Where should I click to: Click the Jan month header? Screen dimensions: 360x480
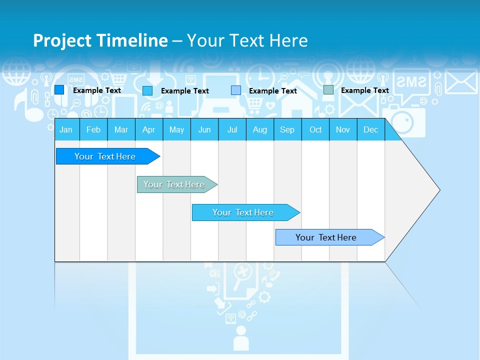[66, 129]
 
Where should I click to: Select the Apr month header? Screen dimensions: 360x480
[148, 129]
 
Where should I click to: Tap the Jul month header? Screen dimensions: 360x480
[232, 129]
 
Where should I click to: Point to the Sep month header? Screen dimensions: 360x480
[287, 129]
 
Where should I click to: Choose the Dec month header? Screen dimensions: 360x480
[370, 129]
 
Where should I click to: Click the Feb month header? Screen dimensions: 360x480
[93, 129]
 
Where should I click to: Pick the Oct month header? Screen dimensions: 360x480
[315, 129]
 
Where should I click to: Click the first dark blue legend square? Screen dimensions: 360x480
[59, 90]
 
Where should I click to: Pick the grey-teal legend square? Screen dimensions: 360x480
[328, 90]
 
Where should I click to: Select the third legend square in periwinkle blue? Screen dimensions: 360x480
[236, 90]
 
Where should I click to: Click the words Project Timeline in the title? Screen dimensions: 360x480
[100, 40]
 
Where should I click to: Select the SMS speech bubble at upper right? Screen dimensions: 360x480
[412, 82]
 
